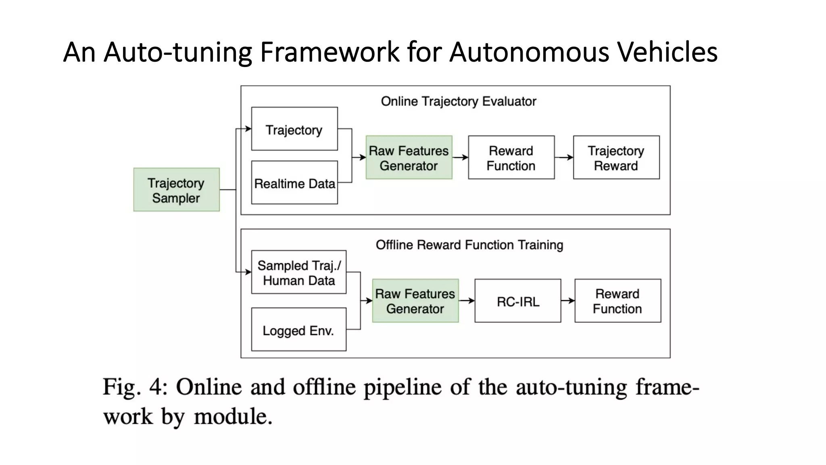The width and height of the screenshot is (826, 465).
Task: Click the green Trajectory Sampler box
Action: [x=176, y=190]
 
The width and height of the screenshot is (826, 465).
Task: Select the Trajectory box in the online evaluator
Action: [x=294, y=129]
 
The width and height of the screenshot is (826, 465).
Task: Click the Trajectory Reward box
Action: [x=616, y=157]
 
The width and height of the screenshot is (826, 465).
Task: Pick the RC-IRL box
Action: [x=517, y=301]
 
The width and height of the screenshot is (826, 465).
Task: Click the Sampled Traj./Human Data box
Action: [x=298, y=272]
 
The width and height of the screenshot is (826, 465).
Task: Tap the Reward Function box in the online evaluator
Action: [x=511, y=157]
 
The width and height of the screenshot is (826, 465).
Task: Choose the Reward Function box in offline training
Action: [x=617, y=301]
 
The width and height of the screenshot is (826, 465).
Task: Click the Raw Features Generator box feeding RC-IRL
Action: [x=415, y=301]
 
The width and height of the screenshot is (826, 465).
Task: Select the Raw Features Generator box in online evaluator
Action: [x=409, y=157]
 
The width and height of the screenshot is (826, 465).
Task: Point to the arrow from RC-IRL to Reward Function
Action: [x=568, y=301]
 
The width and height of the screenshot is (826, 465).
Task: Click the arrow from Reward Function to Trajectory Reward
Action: [x=564, y=157]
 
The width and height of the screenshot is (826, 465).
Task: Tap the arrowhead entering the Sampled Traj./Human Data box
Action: [x=248, y=272]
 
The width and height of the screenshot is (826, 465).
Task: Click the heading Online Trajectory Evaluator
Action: [x=458, y=101]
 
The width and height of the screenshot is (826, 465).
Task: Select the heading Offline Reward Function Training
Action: [x=469, y=245]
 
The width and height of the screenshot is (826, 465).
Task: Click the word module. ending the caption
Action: [x=233, y=416]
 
